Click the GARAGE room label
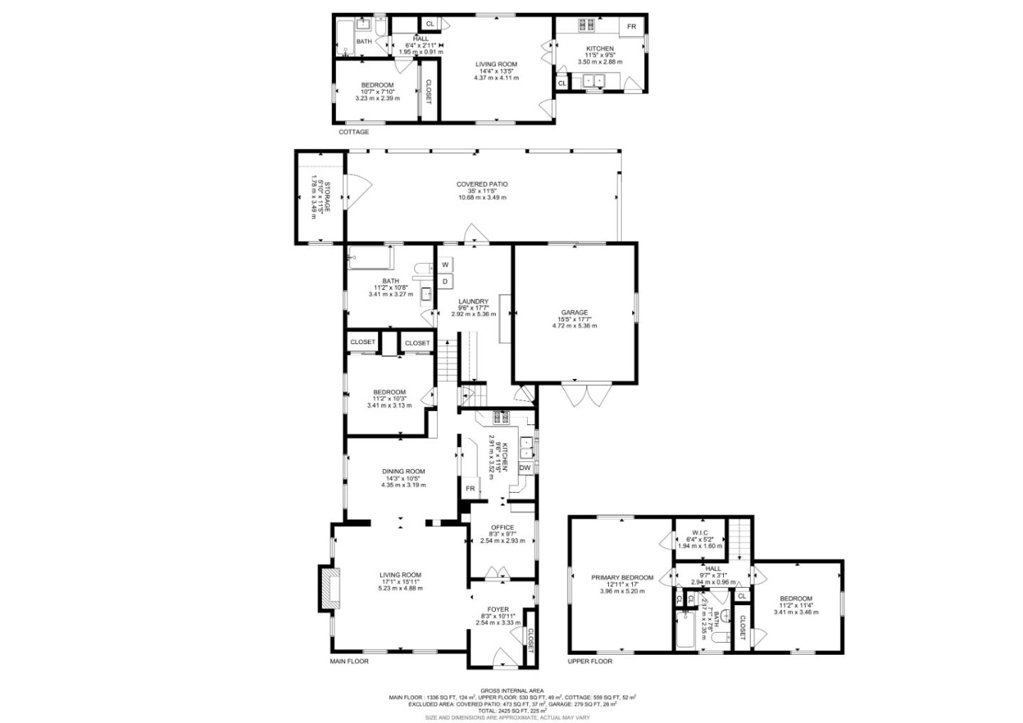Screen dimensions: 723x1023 click(x=574, y=313)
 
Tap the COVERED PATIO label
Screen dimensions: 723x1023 click(x=482, y=185)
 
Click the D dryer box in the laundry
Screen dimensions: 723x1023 click(x=445, y=282)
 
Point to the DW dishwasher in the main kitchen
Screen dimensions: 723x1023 click(x=525, y=468)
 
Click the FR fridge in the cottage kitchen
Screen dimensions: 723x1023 click(x=631, y=27)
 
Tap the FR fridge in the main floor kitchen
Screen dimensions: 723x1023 click(x=470, y=489)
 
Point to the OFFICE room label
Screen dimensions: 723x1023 click(x=502, y=527)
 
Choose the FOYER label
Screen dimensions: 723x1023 click(x=497, y=609)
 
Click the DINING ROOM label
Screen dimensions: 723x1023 click(x=403, y=471)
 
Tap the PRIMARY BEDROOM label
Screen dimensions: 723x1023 click(x=622, y=578)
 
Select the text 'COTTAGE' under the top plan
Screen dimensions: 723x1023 click(x=353, y=132)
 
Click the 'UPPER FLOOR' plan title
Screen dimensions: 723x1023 click(x=590, y=661)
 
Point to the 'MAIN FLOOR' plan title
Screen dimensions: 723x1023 click(x=349, y=661)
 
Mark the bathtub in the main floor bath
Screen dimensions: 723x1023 click(x=369, y=257)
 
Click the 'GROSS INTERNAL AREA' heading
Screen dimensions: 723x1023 click(x=511, y=690)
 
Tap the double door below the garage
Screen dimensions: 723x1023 click(x=585, y=395)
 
